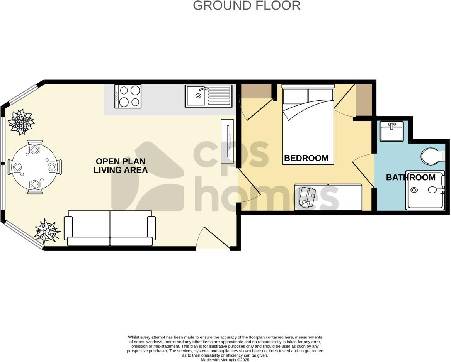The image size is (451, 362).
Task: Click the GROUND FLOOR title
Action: pos(246,6)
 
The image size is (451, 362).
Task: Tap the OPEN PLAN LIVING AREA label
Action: pos(121,166)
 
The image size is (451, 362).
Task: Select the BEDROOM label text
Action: pos(306,158)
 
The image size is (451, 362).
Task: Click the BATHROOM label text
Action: pos(410,178)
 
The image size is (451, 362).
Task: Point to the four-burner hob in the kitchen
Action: pos(128,96)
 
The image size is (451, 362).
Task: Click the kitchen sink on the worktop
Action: pos(209,96)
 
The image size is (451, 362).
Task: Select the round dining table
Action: pos(35,167)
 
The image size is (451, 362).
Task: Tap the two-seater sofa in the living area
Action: pos(110,228)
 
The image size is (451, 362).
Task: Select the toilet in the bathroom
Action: pos(432,156)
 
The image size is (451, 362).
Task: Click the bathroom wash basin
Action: pos(391,131)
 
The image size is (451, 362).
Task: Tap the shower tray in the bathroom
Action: pos(424,190)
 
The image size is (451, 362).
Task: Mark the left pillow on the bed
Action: pos(295,96)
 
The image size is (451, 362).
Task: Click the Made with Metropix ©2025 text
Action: pos(225,360)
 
